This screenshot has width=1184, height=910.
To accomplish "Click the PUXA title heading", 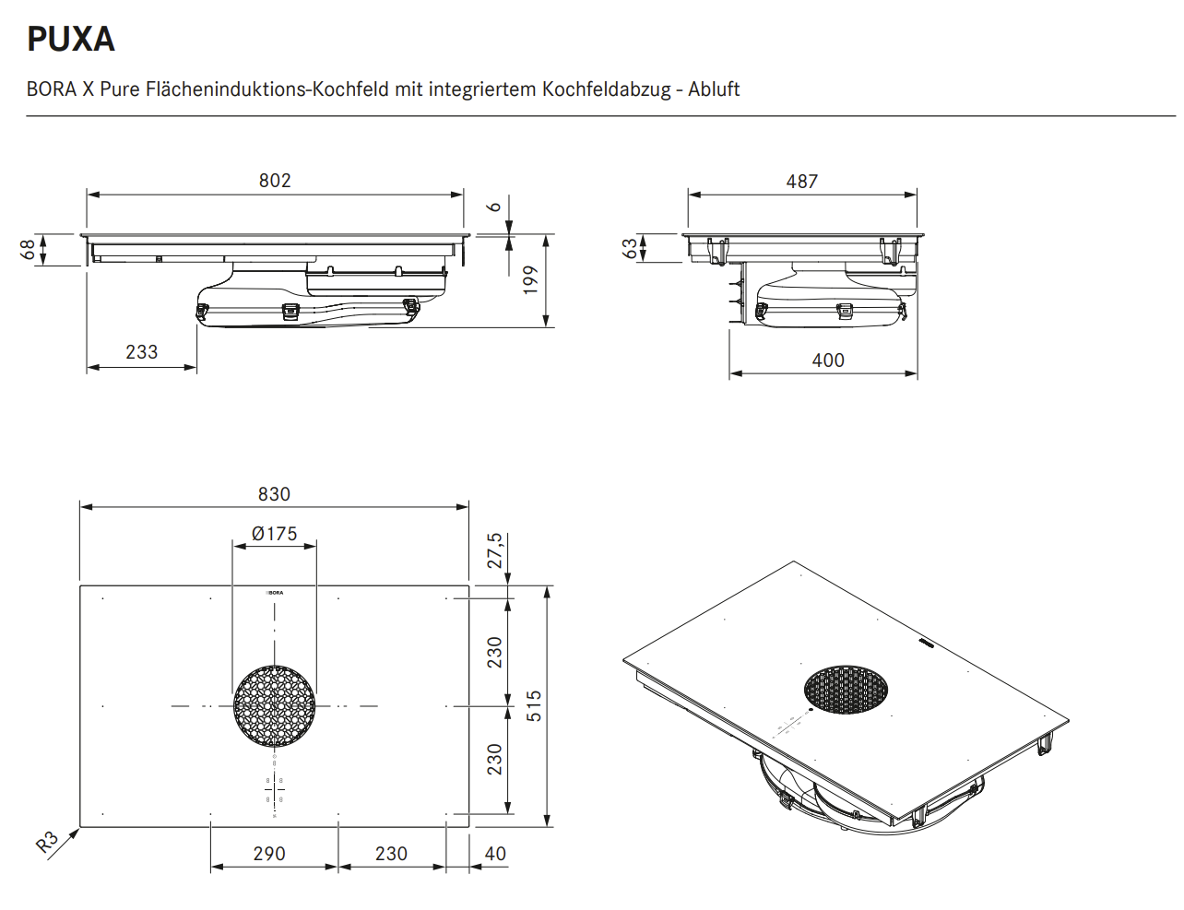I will (71, 39).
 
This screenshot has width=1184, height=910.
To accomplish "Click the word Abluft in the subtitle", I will (714, 89).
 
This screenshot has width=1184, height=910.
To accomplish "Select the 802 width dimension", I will (275, 181).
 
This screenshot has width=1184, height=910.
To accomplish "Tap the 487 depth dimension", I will (801, 182).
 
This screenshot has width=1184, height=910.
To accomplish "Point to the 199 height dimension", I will (530, 279).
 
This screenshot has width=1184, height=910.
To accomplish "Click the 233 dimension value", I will (141, 352).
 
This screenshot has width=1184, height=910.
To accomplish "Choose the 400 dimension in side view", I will (827, 360).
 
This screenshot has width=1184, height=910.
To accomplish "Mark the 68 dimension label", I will (29, 249).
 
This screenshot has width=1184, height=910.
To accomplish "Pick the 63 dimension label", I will (630, 248).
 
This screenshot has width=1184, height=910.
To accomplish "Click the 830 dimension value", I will (274, 494).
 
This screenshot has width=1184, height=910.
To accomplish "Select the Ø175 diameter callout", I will (274, 534).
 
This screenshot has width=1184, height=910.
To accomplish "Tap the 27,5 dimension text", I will (495, 550).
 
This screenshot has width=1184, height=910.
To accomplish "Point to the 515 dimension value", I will (534, 706).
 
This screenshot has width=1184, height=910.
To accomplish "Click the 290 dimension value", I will (269, 854).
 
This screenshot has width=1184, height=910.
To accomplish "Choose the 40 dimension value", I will (495, 854).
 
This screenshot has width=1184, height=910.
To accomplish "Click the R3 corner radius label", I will (47, 842).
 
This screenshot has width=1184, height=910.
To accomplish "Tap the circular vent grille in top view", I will (275, 706).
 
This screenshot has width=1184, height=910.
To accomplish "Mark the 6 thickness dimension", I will (495, 207).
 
